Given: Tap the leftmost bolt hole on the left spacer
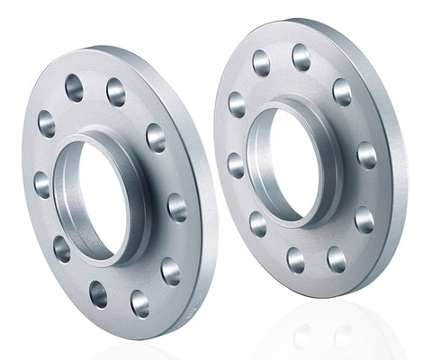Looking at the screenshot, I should tap(42, 184).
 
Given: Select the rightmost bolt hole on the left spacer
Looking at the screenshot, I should tap(177, 207).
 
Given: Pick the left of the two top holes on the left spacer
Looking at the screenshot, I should tap(74, 87).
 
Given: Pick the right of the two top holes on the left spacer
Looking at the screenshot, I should tap(115, 91).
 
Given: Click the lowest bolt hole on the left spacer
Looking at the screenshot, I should tap(140, 303).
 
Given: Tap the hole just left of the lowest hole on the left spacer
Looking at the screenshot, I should tap(98, 293).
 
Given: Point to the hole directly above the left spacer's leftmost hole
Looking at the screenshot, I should tap(47, 123).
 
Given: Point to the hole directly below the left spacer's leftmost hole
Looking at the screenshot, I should tap(61, 247).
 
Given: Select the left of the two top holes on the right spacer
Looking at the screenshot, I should tap(261, 63).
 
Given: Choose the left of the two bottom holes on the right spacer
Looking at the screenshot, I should tap(295, 260).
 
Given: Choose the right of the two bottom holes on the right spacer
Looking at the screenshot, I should tap(336, 260).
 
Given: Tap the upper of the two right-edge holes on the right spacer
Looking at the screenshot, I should tap(366, 155).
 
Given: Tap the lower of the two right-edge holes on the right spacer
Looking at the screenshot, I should tap(364, 219).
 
